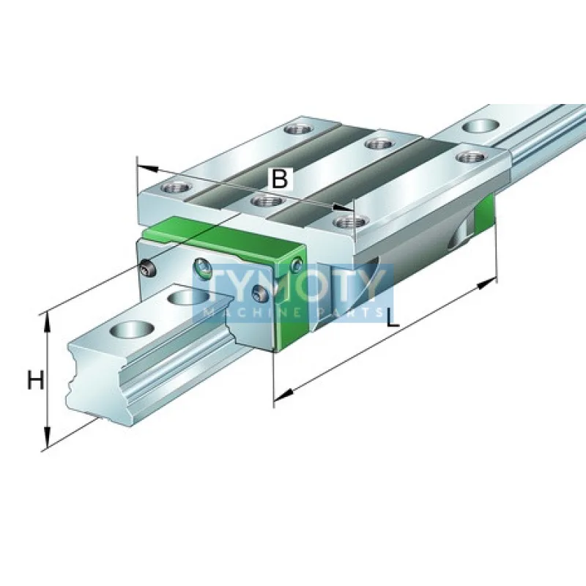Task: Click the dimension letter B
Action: [279, 178]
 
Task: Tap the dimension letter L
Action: [393, 318]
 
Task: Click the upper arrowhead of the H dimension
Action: [48, 317]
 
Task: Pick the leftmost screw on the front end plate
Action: [147, 269]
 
